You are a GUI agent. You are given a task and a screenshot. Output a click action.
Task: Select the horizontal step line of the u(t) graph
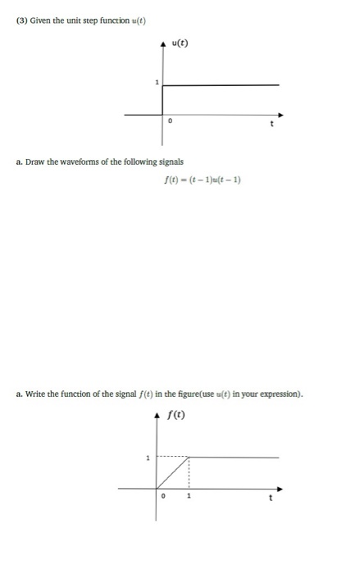[221, 84]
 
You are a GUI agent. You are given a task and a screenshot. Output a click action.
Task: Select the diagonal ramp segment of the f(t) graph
[173, 473]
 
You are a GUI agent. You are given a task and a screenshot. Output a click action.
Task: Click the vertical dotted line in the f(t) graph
[189, 473]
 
